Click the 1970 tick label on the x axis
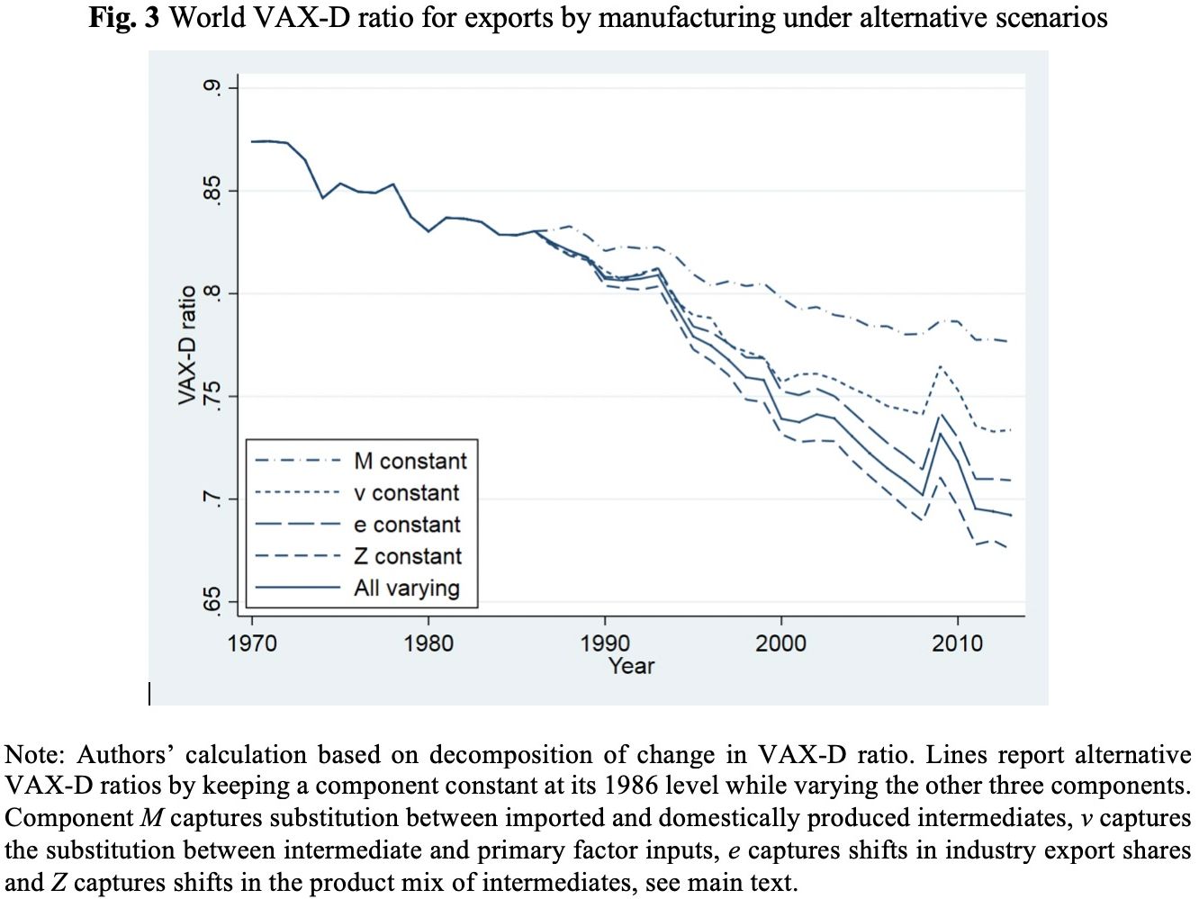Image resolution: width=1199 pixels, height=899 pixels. click(x=252, y=643)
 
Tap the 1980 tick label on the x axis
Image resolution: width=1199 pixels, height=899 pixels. click(x=428, y=643)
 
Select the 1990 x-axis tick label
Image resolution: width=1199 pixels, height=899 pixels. click(x=605, y=643)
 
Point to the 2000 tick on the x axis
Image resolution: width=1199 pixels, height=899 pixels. click(x=780, y=643)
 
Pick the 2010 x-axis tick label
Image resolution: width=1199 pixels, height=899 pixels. click(x=957, y=643)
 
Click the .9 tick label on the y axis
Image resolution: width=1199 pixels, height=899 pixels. click(x=212, y=87)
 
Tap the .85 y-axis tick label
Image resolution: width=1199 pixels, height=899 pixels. click(x=212, y=191)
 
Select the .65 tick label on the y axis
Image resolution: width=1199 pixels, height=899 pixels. click(x=212, y=601)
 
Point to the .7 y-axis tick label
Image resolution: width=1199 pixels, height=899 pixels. click(x=212, y=499)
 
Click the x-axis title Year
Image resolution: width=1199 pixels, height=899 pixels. click(x=631, y=666)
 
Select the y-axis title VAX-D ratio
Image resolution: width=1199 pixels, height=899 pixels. click(x=187, y=345)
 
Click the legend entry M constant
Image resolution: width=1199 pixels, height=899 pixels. click(x=410, y=461)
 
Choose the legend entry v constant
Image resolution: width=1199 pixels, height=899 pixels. click(x=406, y=493)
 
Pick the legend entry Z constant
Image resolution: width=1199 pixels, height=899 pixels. click(x=407, y=556)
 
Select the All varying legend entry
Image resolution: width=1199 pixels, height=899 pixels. click(x=406, y=588)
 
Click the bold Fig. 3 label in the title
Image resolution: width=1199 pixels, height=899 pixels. click(x=124, y=17)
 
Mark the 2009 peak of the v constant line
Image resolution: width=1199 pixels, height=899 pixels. click(x=940, y=366)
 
